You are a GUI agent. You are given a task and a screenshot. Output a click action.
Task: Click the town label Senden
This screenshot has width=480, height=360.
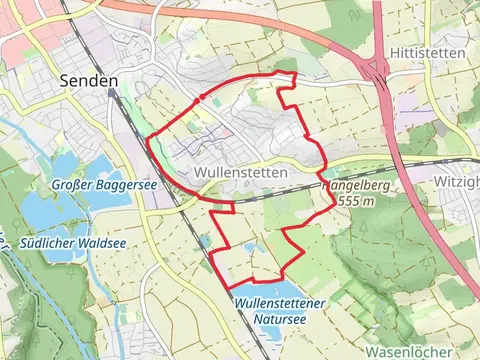tap(89, 81)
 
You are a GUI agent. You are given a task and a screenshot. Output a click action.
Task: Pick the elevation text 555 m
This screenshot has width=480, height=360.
tap(357, 201)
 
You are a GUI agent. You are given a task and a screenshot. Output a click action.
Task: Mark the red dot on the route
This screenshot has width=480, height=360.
tap(202, 97)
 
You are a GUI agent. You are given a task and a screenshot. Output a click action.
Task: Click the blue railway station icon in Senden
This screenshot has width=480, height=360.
tap(113, 93)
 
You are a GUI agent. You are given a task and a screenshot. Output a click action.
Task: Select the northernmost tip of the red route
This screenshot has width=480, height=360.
tap(295, 73)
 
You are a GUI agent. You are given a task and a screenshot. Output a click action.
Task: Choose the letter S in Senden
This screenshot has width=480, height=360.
tap(65, 81)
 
